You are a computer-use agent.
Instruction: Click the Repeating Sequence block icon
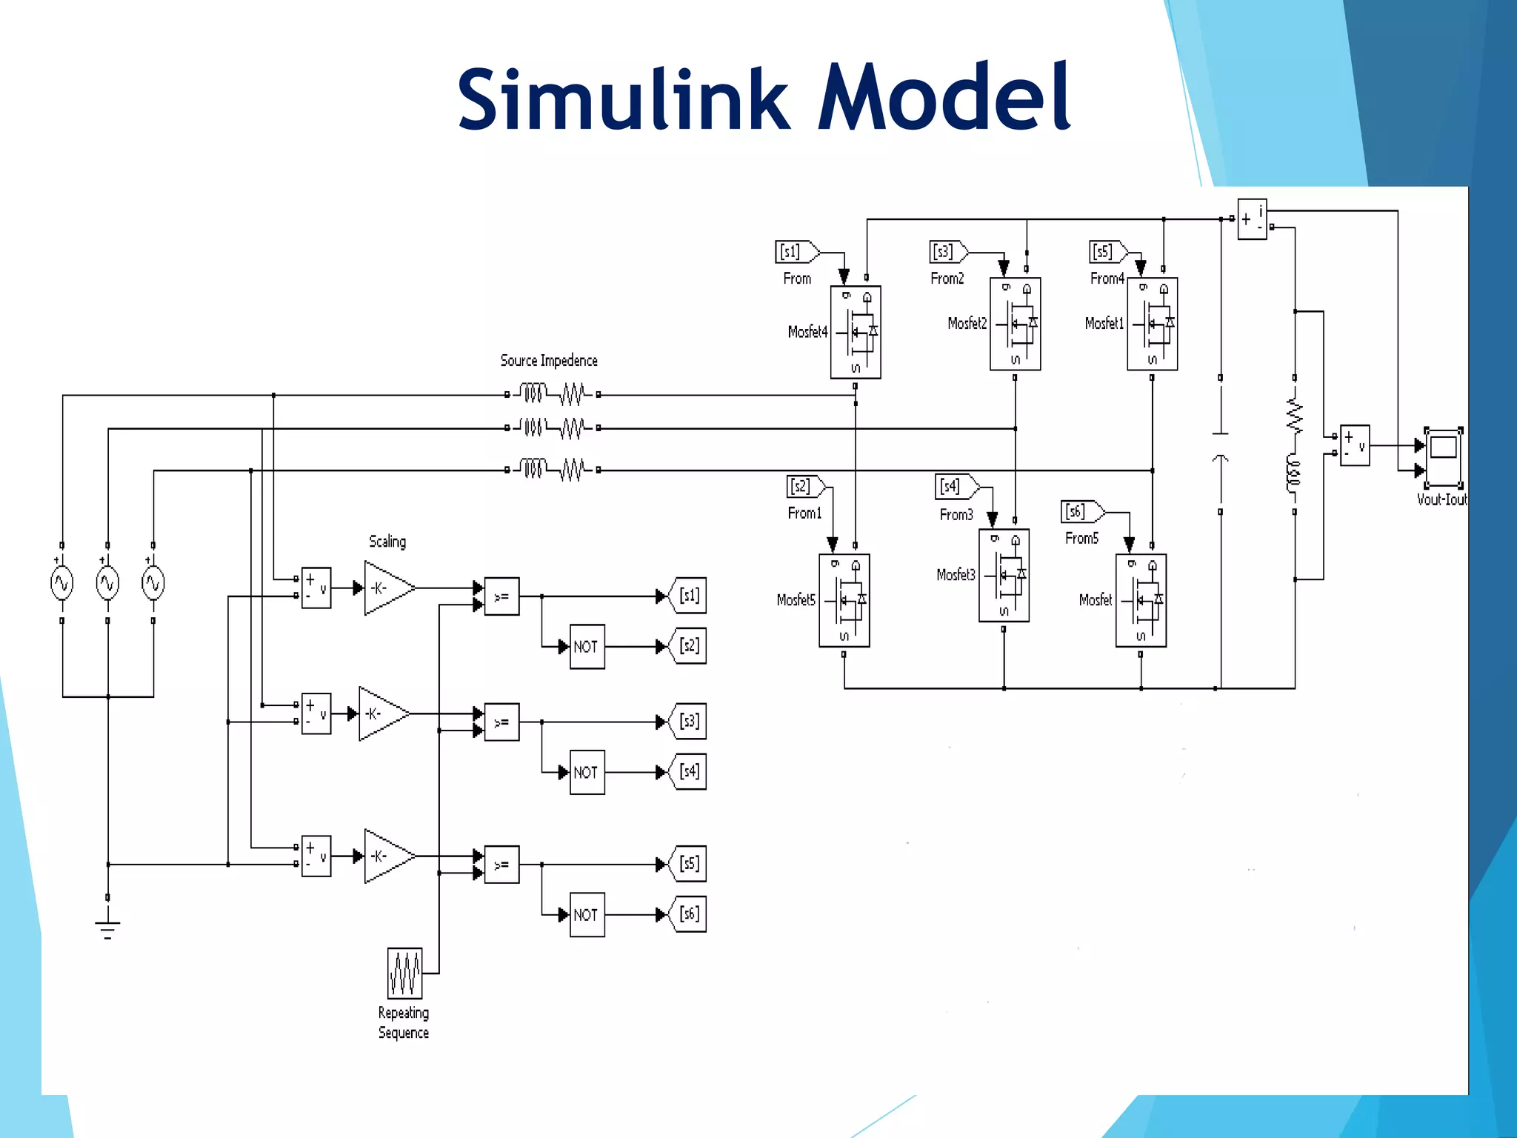[x=405, y=973]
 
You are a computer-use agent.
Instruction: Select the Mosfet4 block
[x=856, y=332]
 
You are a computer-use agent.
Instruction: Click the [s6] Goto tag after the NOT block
[x=689, y=914]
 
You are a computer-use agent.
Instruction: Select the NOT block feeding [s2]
[x=587, y=646]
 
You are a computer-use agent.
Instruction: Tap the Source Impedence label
[x=548, y=361]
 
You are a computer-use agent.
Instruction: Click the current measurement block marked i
[x=1252, y=219]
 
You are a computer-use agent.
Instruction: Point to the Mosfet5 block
[x=844, y=600]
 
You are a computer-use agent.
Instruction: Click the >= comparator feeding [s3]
[x=501, y=722]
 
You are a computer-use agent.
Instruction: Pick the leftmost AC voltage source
[x=61, y=583]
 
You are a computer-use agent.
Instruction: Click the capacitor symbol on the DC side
[x=1220, y=445]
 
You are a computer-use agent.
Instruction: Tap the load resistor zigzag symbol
[x=1294, y=416]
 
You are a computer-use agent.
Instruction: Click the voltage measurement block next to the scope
[x=1354, y=445]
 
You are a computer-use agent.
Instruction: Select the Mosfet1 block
[x=1152, y=324]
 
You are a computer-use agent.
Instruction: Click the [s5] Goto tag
[x=689, y=863]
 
